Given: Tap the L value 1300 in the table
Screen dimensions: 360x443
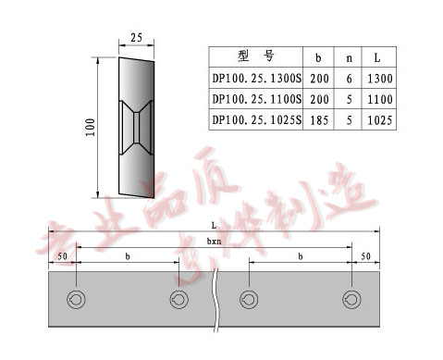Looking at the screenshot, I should [381, 78].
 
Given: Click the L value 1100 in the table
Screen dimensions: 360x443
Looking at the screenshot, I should [381, 98].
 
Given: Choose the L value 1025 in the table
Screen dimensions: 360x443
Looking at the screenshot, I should [381, 119].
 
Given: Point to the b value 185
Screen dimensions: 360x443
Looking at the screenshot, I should [318, 119].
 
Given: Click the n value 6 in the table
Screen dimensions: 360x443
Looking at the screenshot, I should [349, 78].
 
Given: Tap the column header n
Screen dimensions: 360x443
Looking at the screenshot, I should [349, 56].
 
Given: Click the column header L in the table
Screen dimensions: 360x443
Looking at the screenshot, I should [381, 56].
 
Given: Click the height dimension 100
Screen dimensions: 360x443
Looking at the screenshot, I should [91, 127].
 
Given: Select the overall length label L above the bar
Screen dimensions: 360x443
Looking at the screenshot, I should [215, 225].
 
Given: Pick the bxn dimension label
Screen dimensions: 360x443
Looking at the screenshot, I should [214, 240].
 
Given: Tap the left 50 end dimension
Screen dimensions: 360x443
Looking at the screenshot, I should [63, 254].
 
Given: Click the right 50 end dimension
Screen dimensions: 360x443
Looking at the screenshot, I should [365, 254].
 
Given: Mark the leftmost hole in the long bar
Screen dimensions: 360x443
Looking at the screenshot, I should [76, 299].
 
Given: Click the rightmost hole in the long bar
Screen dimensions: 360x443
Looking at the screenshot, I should [351, 299].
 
